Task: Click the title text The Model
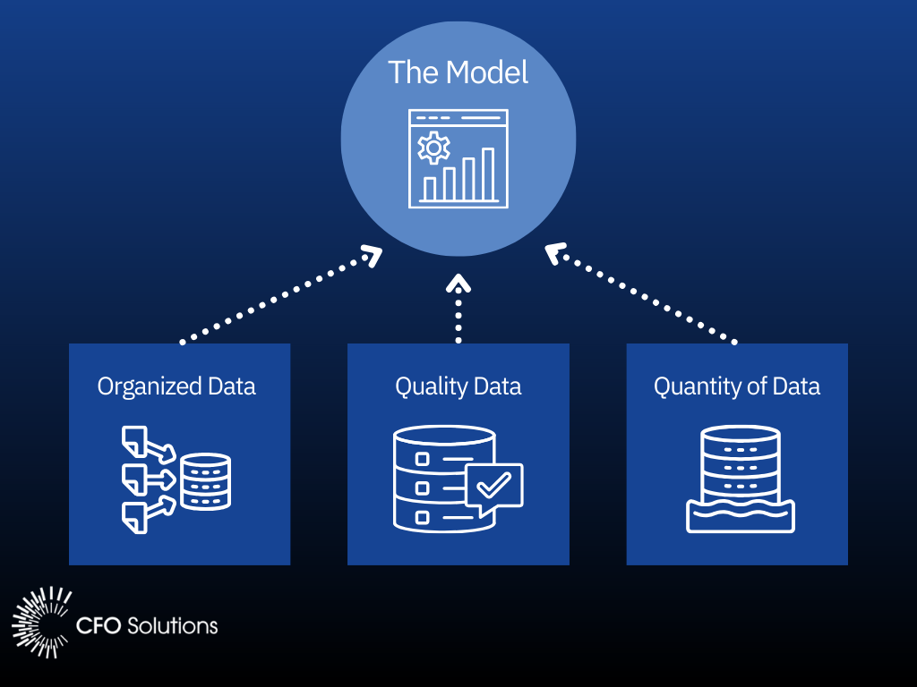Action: coord(458,72)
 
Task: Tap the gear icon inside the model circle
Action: coord(434,148)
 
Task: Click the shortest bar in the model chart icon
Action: coord(430,188)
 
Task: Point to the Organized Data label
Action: coord(176,386)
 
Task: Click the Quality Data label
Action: coord(458,386)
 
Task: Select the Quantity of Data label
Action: coord(737,386)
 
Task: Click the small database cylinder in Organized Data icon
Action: coord(205,482)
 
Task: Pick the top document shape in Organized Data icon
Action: coord(133,438)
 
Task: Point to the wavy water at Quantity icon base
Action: coord(741,516)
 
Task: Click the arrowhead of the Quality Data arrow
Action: coord(458,284)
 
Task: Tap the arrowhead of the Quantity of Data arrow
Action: coord(554,254)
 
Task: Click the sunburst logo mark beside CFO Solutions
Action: coord(41,623)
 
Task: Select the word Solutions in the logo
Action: coord(173,624)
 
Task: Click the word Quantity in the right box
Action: coord(688,386)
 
